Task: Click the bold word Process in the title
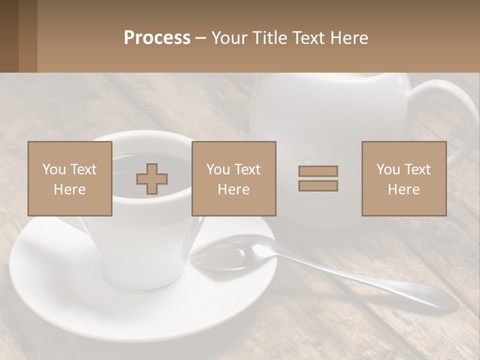click(x=157, y=38)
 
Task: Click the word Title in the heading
click(x=268, y=38)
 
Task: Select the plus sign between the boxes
click(x=152, y=179)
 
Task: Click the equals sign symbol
click(x=318, y=178)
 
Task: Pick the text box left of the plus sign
click(x=69, y=179)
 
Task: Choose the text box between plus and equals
click(x=233, y=179)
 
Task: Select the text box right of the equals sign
click(x=403, y=179)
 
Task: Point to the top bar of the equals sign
click(x=318, y=171)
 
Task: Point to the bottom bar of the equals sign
click(x=318, y=185)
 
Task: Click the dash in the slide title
click(x=201, y=38)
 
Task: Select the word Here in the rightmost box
click(x=403, y=189)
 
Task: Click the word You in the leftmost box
click(x=53, y=169)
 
